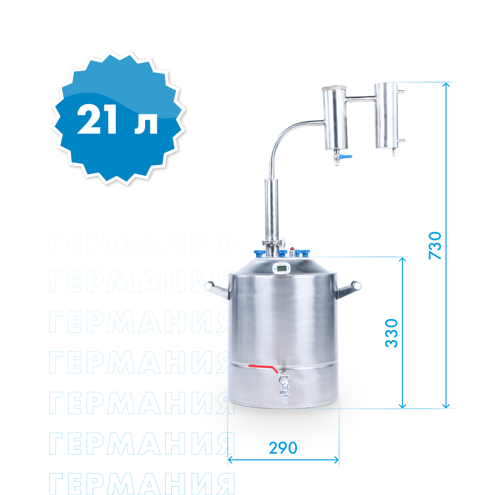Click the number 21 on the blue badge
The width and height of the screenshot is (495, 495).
(97, 119)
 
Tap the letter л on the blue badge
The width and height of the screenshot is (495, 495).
(146, 123)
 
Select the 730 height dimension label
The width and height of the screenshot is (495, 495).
(435, 246)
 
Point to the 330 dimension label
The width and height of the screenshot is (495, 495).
(392, 333)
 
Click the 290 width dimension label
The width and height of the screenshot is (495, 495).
(283, 447)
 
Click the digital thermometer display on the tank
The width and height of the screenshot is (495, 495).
(281, 269)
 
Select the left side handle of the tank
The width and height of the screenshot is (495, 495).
(217, 290)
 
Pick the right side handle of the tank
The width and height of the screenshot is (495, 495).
(348, 289)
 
